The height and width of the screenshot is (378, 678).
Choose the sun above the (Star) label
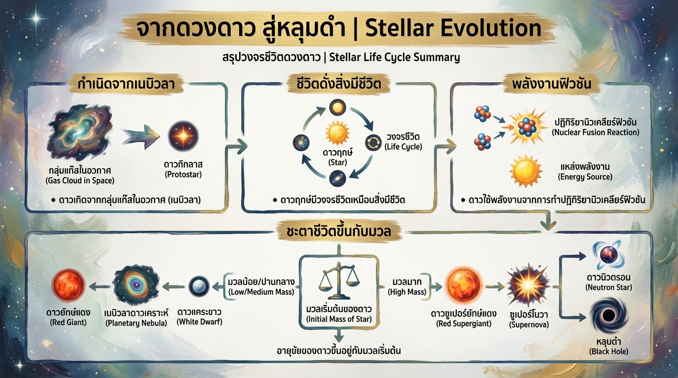tap(338, 134)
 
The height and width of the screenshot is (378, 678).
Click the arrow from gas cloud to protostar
tap(140, 134)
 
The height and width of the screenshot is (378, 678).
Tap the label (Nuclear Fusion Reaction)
tap(596, 132)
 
